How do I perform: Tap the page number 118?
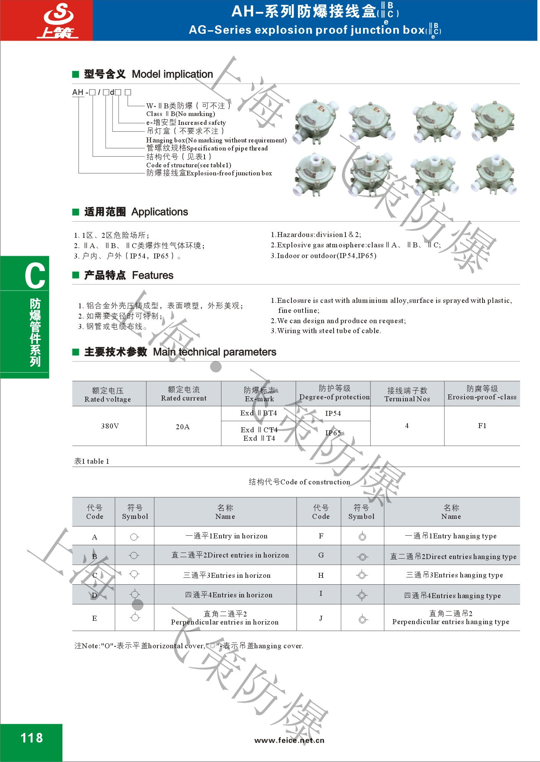pyautogui.click(x=31, y=737)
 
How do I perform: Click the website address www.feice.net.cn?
pyautogui.click(x=289, y=740)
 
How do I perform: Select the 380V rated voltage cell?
pyautogui.click(x=110, y=426)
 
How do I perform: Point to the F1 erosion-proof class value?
pyautogui.click(x=482, y=425)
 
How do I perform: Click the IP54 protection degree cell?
pyautogui.click(x=333, y=413)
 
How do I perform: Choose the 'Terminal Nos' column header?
pyautogui.click(x=407, y=399)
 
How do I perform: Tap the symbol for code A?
pyautogui.click(x=134, y=537)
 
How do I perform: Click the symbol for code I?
pyautogui.click(x=362, y=595)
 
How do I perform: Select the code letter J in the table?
pyautogui.click(x=321, y=618)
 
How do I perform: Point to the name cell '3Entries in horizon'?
pyautogui.click(x=227, y=575)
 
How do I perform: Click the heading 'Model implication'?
pyautogui.click(x=172, y=74)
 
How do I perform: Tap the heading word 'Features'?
pyautogui.click(x=152, y=275)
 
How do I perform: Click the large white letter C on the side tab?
pyautogui.click(x=35, y=276)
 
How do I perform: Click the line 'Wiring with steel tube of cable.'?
pyautogui.click(x=326, y=330)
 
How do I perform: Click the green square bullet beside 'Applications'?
pyautogui.click(x=76, y=212)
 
